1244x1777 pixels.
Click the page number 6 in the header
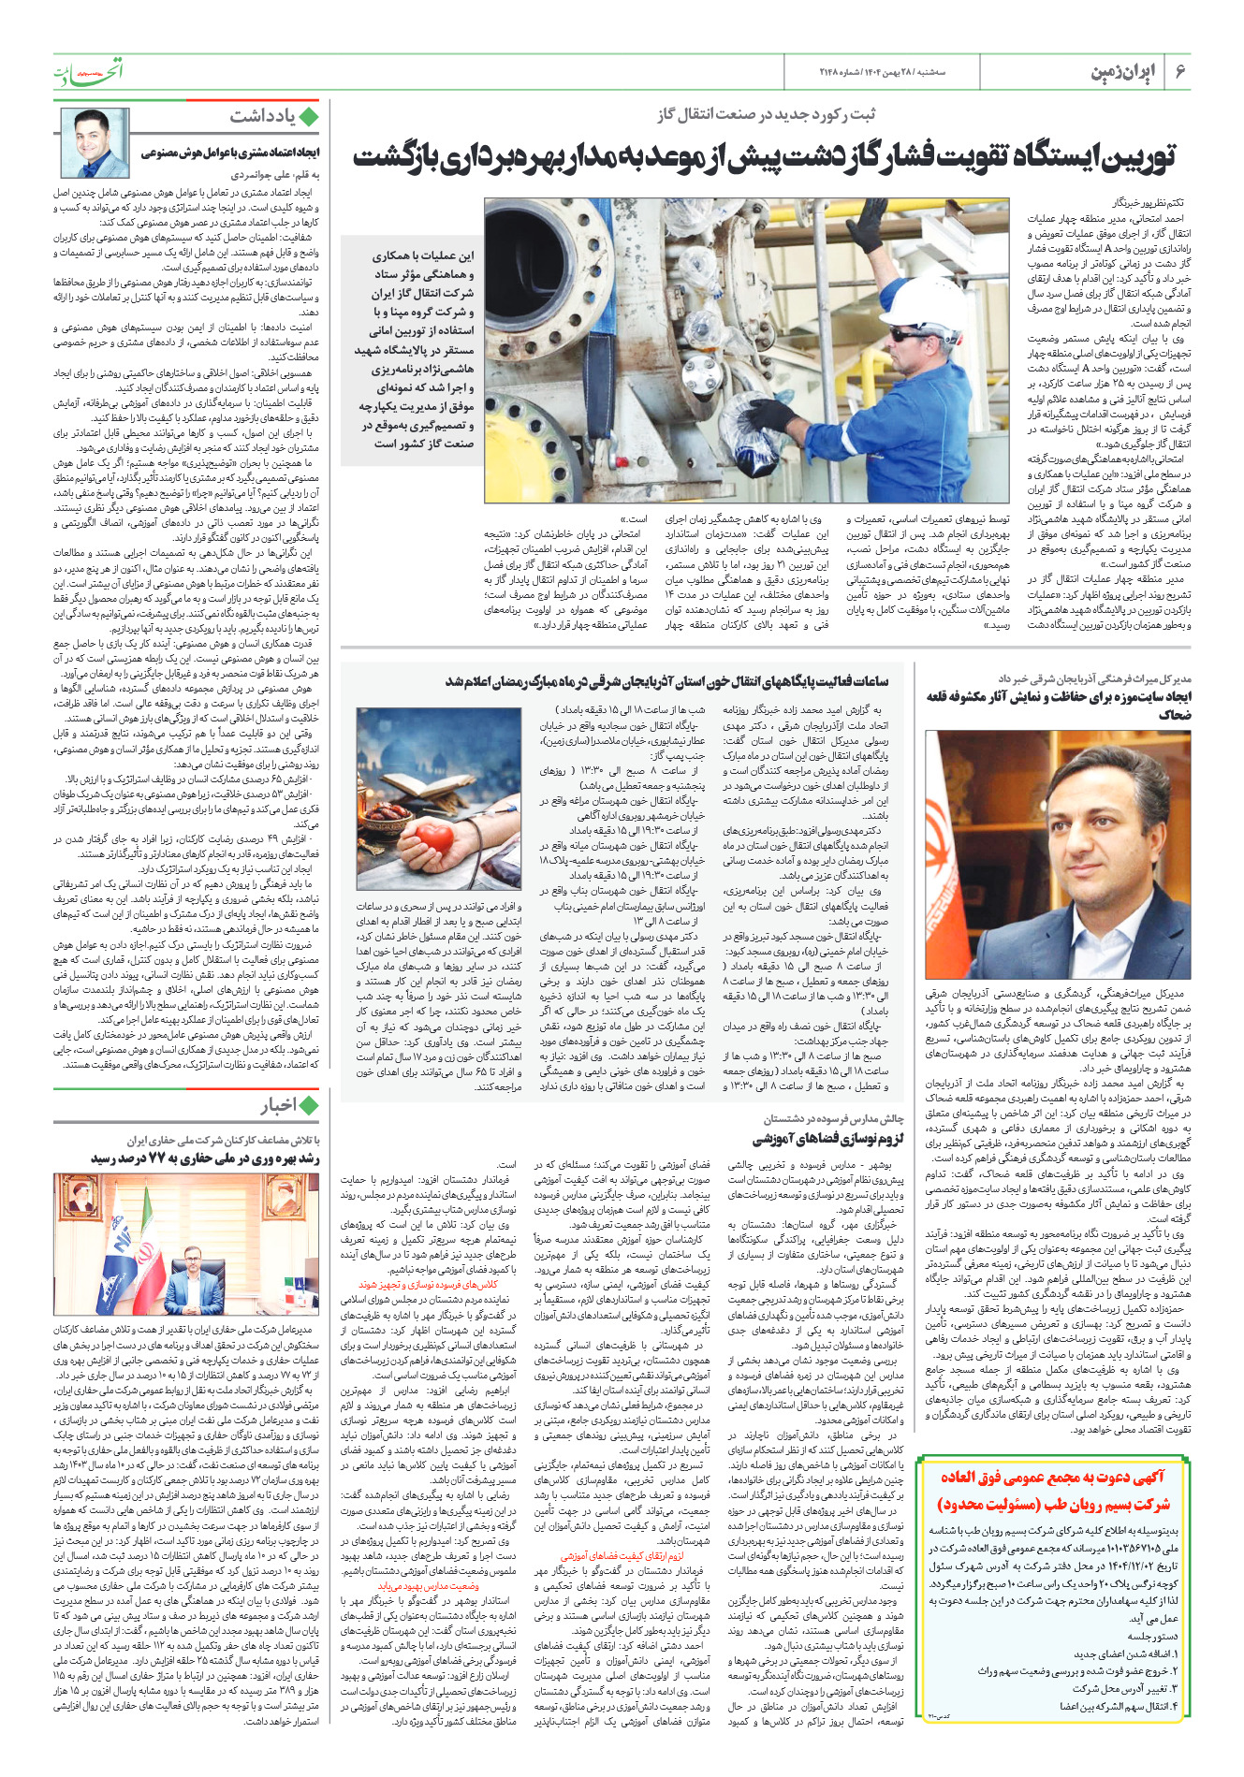click(1180, 72)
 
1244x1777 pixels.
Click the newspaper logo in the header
click(90, 72)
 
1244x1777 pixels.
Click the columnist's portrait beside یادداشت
click(95, 142)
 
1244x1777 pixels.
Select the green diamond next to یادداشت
click(310, 117)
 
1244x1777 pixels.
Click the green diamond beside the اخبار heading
click(310, 1106)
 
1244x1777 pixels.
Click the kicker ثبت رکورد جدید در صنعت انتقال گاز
click(767, 115)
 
